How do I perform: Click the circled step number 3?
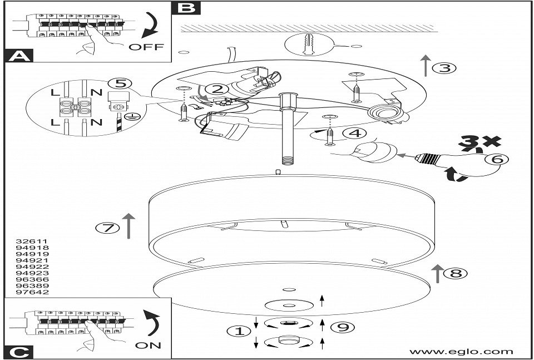pos(444,68)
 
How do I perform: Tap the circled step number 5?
pos(116,84)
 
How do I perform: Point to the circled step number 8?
pos(456,273)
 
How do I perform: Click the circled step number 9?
pos(343,327)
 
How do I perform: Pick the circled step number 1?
pos(236,331)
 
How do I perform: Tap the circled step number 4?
pos(354,134)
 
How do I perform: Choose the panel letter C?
pos(18,351)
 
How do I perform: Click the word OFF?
pos(146,47)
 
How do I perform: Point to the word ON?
pos(147,346)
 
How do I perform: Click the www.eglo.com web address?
pos(461,351)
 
